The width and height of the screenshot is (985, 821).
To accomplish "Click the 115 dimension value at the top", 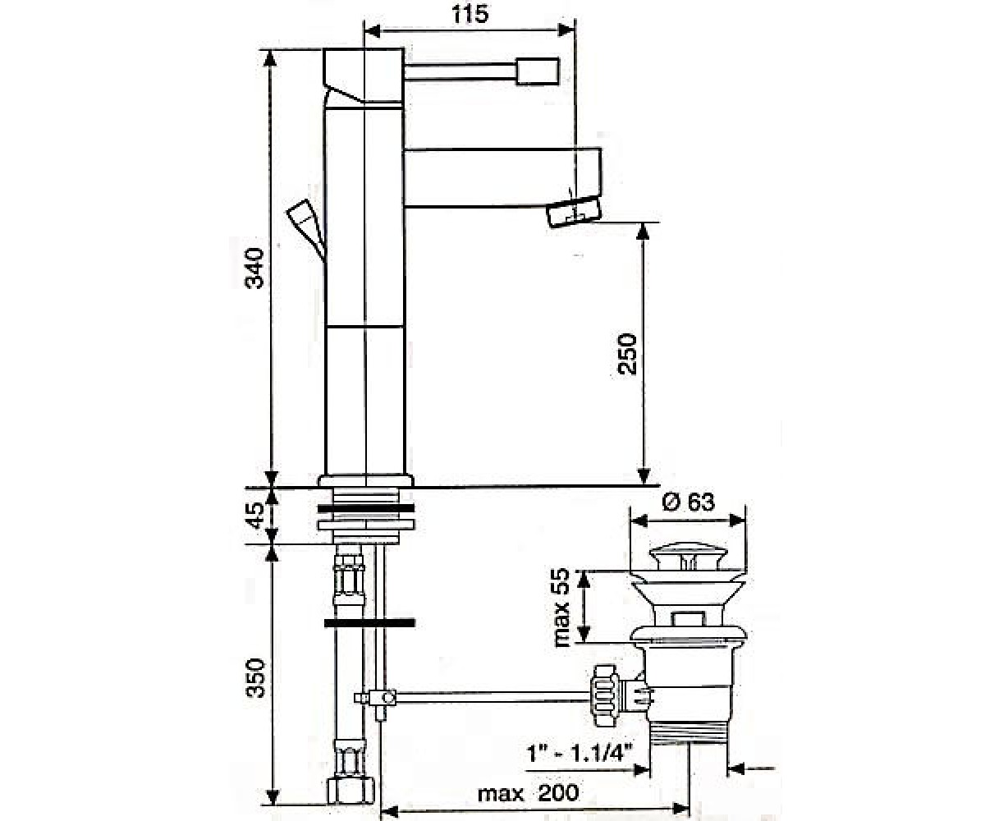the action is click(470, 14).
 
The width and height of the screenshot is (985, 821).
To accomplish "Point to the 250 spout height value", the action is click(626, 354).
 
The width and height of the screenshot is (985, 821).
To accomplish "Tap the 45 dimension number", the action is click(256, 516).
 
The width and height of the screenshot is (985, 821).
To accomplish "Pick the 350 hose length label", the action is click(256, 678).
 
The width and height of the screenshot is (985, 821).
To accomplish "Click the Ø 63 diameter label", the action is click(689, 502).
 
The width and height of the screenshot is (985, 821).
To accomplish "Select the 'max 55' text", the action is click(562, 608).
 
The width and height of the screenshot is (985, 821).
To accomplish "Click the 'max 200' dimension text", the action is click(528, 793).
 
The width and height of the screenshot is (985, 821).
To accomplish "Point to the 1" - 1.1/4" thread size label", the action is click(580, 754).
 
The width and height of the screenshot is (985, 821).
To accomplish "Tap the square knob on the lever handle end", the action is click(538, 71).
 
